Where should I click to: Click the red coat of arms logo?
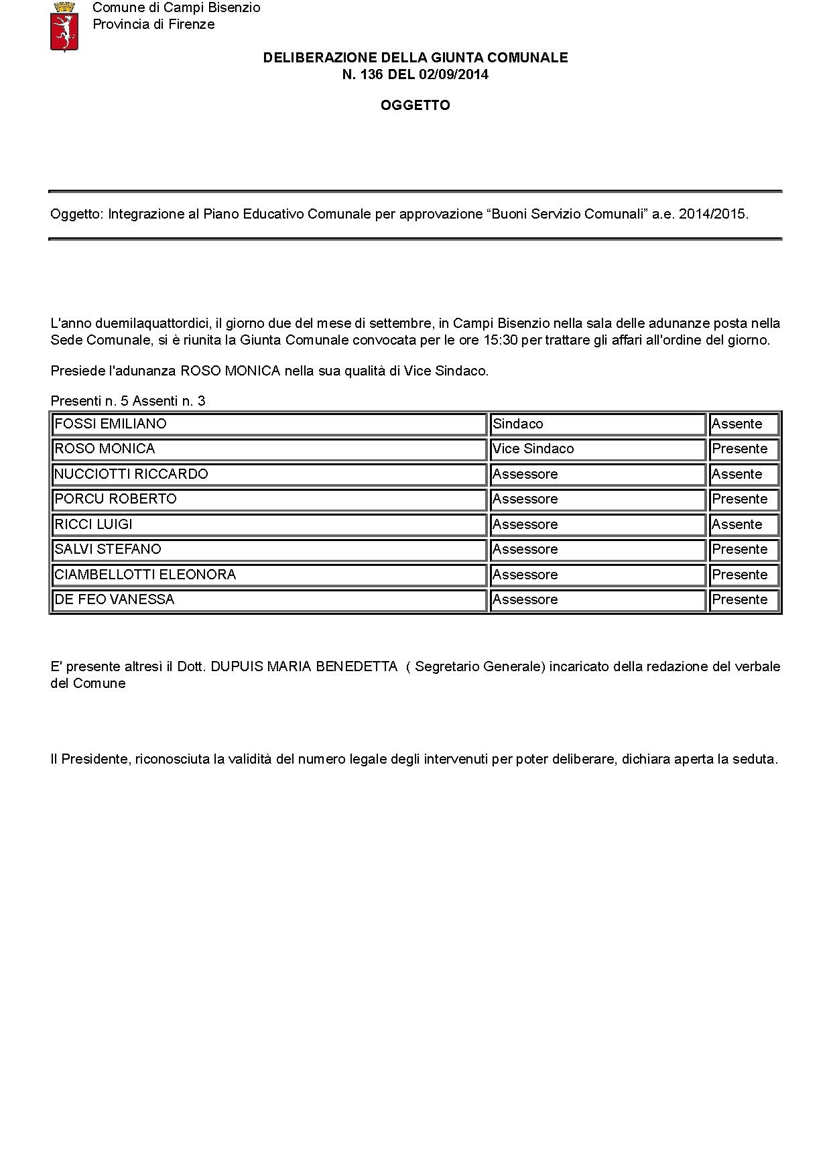coord(64,26)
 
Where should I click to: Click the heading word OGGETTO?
coord(415,105)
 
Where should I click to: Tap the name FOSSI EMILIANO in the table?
coord(111,424)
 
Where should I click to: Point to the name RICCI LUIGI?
coord(93,524)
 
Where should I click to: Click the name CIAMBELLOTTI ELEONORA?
coord(145,575)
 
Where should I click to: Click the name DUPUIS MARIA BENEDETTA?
coord(304,667)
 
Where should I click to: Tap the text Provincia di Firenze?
coord(153,25)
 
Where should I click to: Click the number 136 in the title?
coord(373,74)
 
